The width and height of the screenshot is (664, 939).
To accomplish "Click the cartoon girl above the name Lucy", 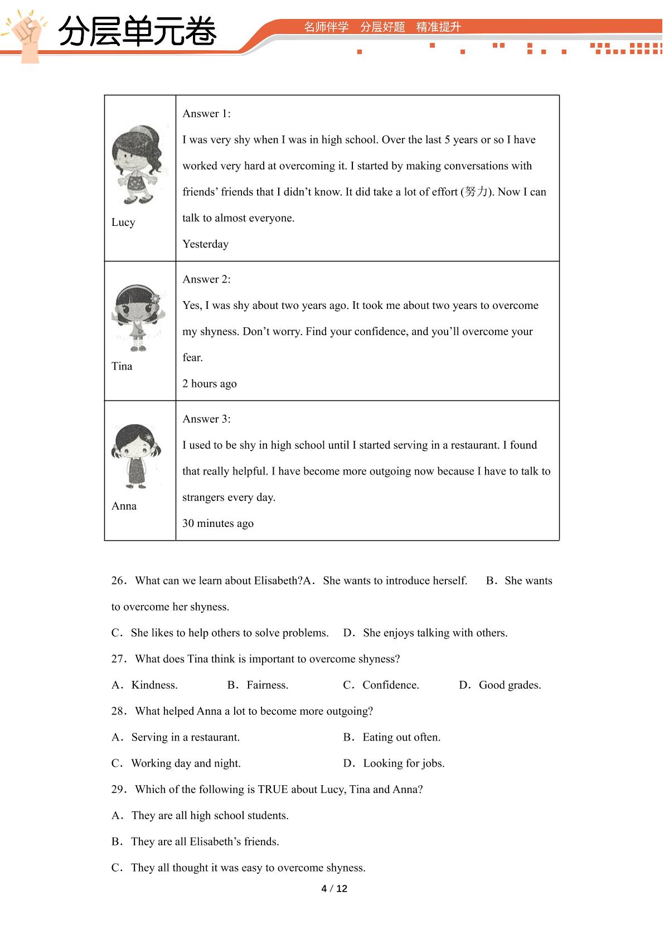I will point(139,164).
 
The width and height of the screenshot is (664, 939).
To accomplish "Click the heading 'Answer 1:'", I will point(206,114).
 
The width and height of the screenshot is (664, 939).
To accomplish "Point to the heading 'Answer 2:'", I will point(206,279).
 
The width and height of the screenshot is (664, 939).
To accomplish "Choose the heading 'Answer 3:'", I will point(206,419).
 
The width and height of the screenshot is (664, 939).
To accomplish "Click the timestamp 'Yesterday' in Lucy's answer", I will point(205,244).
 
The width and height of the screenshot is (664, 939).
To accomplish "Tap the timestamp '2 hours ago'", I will point(210,384).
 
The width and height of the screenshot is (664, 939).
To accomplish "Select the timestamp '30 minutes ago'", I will point(218,524).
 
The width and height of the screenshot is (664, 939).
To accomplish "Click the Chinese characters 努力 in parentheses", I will point(476,192).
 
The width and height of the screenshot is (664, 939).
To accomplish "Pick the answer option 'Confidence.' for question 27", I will point(390,685).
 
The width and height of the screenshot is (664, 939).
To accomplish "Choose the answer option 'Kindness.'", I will point(154,685).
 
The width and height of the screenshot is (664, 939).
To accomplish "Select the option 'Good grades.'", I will point(510,685).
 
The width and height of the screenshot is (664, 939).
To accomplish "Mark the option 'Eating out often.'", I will point(401,737).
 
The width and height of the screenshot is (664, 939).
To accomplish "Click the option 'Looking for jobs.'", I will point(404,763).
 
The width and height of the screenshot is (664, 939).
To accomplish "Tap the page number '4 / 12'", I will point(335,889).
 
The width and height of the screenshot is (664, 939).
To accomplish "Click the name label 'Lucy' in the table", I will point(123,222).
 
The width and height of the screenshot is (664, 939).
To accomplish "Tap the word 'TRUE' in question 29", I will point(273,790).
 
